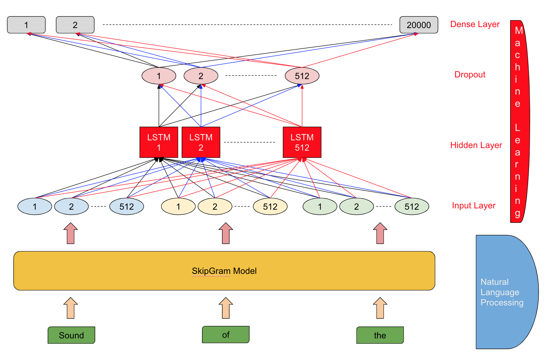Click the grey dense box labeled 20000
[419, 25]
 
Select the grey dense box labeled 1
[26, 25]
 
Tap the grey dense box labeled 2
[75, 25]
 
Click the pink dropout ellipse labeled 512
[302, 76]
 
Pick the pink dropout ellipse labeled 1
[159, 76]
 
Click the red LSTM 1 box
[159, 142]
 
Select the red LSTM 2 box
[201, 142]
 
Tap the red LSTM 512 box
[302, 142]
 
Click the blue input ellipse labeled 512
[126, 206]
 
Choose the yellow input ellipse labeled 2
[215, 206]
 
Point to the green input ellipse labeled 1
[319, 206]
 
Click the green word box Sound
[71, 335]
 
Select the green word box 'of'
[226, 335]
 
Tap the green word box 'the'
[380, 335]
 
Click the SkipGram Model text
[224, 271]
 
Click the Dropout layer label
[470, 75]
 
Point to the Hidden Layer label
[476, 145]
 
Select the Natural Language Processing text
[501, 292]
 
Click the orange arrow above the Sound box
[71, 308]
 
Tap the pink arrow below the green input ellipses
[380, 233]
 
